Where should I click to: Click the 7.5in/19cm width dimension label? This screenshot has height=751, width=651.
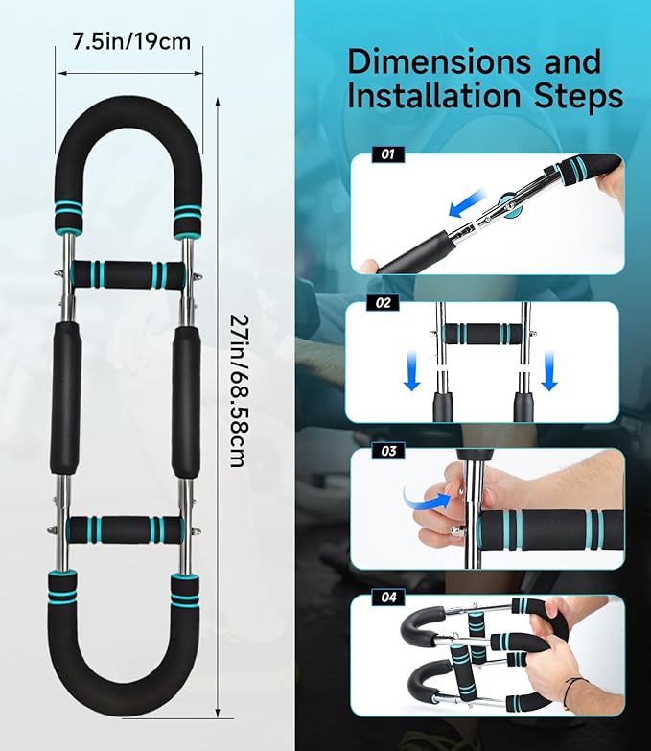click(x=131, y=41)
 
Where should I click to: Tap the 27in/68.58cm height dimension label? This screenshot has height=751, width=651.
click(x=238, y=390)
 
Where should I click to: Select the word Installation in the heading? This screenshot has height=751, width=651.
click(x=433, y=95)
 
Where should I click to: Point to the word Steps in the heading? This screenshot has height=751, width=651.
click(x=578, y=96)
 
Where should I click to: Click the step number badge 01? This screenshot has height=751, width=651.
click(x=388, y=154)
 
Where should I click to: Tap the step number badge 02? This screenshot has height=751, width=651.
click(x=383, y=303)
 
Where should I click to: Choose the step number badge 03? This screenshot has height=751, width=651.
click(x=388, y=451)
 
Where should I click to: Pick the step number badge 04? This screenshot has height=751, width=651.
click(x=388, y=598)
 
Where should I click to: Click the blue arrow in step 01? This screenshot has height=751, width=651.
click(x=467, y=203)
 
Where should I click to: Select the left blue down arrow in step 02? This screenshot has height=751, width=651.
click(x=412, y=370)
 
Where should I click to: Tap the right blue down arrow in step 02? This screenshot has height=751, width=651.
click(x=549, y=370)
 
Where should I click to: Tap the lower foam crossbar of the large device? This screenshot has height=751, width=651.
click(x=125, y=529)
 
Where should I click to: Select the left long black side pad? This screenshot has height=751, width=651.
click(x=65, y=398)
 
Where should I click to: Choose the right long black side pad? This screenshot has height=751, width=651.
click(x=187, y=401)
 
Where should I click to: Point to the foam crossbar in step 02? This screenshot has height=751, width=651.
click(x=482, y=334)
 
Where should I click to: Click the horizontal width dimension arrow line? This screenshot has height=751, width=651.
click(x=130, y=73)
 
